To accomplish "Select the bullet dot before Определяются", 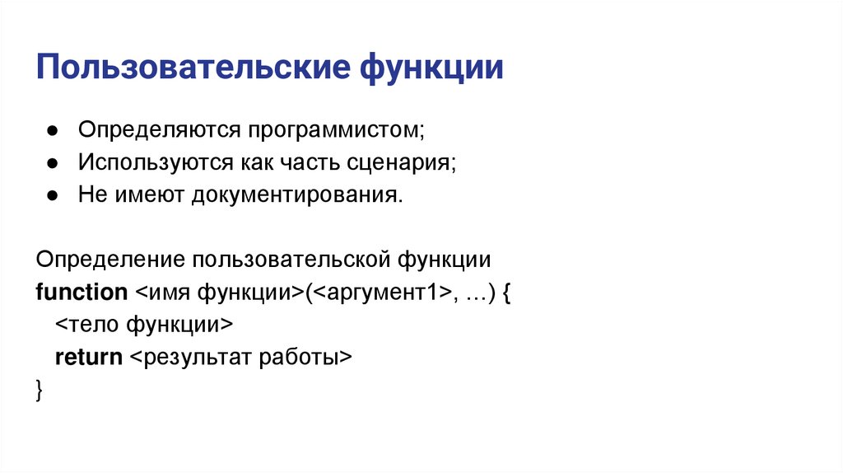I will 51,132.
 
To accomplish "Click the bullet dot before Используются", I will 51,163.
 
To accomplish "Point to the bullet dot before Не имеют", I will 51,195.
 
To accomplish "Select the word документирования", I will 297,194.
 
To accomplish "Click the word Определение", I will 109,260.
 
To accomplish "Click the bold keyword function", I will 82,292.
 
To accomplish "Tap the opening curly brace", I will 506,293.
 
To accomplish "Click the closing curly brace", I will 40,390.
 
